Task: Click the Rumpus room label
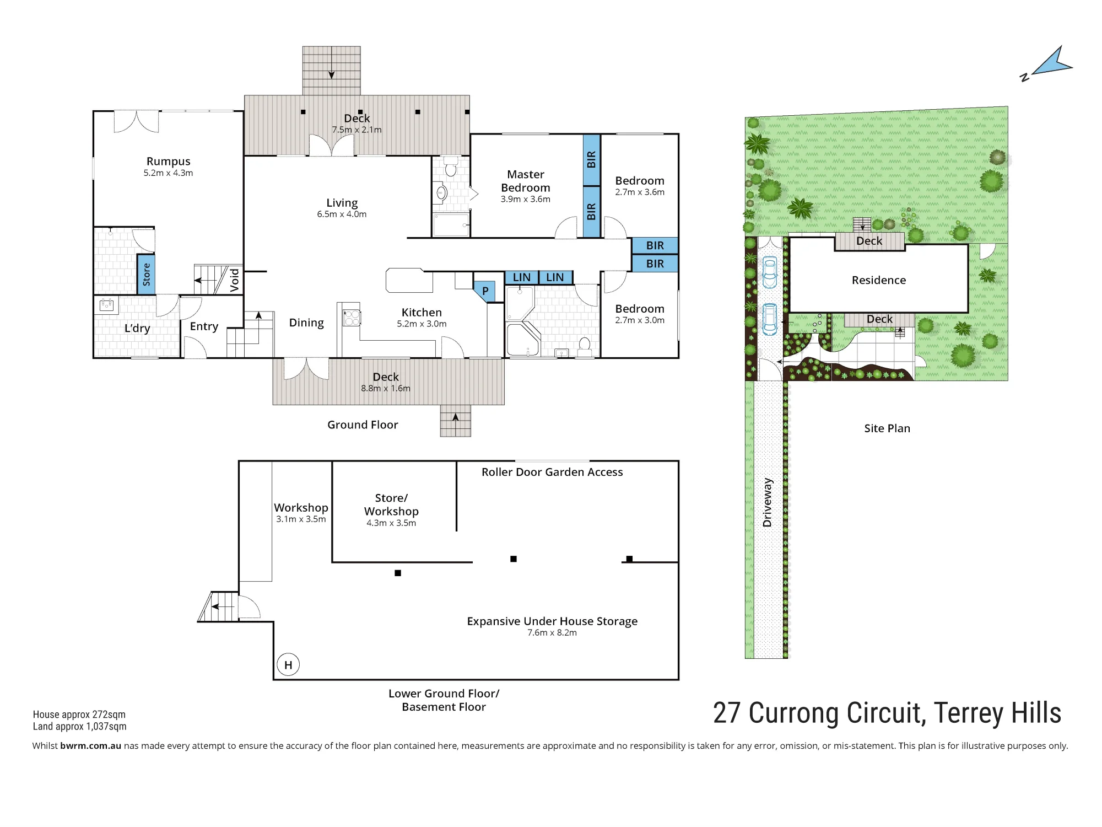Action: tap(168, 161)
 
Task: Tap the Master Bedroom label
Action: tap(526, 181)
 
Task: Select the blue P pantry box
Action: tap(485, 291)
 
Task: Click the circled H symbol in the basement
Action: tap(288, 664)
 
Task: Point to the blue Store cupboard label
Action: tap(146, 275)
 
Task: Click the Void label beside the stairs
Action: tap(235, 280)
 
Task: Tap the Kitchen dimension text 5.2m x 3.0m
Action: tap(422, 324)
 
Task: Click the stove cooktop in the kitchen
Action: tap(352, 318)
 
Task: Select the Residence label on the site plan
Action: tap(879, 280)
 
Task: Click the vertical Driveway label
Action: tap(768, 502)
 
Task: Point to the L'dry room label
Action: tap(137, 328)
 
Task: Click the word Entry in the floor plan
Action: tap(204, 326)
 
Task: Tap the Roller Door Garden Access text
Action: tap(552, 472)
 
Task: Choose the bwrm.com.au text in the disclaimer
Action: tap(91, 745)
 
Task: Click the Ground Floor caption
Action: tap(363, 425)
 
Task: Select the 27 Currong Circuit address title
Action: tap(887, 713)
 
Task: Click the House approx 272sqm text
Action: tap(79, 715)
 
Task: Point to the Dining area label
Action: tap(306, 323)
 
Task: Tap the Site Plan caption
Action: tap(887, 428)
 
